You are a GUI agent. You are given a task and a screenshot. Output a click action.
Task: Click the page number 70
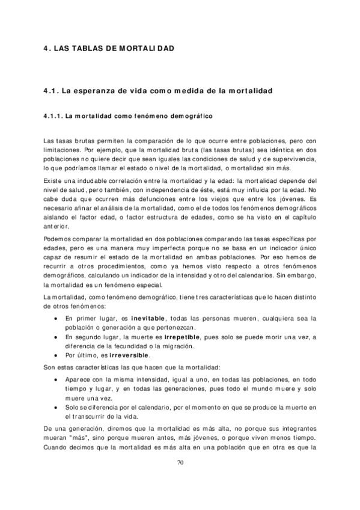coord(180,462)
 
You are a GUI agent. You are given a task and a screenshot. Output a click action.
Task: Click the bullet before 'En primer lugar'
coord(56,318)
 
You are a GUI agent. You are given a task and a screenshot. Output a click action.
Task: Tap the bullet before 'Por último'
coord(56,355)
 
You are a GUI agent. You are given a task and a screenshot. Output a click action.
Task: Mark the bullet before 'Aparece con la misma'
coord(56,380)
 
